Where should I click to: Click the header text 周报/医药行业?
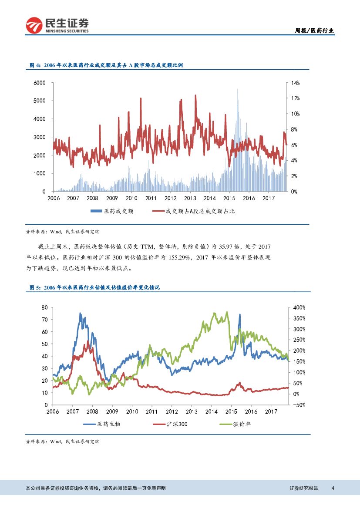click(x=314, y=30)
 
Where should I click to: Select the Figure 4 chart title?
click(x=106, y=65)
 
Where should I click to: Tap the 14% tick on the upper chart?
click(x=295, y=83)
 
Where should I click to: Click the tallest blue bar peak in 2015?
click(x=237, y=90)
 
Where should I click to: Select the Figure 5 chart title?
click(x=94, y=288)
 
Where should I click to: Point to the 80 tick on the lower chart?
click(x=44, y=307)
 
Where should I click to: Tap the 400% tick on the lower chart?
click(x=299, y=307)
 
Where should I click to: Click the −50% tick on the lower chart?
click(x=299, y=405)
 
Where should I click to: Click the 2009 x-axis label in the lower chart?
click(x=112, y=411)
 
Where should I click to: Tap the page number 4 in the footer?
click(x=333, y=488)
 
